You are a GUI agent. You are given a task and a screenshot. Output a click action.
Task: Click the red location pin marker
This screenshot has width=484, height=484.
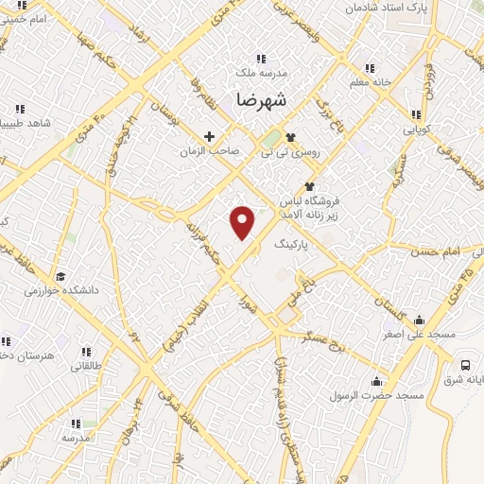tap(243, 221)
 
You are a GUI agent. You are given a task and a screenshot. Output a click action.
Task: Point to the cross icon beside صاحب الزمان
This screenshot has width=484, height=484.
tap(209, 136)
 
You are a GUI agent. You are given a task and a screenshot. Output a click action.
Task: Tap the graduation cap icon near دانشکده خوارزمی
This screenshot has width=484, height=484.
tap(61, 276)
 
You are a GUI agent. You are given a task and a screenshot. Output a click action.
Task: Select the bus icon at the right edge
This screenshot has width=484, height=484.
tap(465, 366)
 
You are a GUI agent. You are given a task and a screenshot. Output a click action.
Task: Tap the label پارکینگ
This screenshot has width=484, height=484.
tap(291, 244)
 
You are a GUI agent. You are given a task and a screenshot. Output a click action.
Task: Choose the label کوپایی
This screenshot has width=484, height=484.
tap(417, 126)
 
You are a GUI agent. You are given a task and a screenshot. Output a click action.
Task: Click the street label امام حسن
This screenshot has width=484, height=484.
tap(437, 253)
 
